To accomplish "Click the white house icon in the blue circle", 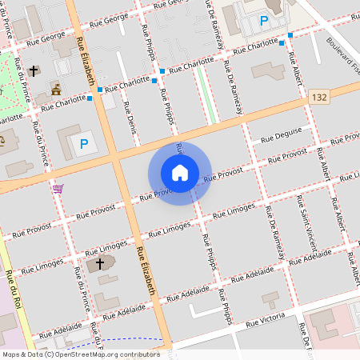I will (179, 173).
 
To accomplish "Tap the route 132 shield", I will (319, 97).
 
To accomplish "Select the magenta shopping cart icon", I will (58, 189).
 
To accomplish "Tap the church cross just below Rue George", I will (33, 71).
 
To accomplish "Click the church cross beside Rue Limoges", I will (101, 264).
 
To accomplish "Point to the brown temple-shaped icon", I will (55, 87).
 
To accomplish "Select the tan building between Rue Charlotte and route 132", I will (267, 70).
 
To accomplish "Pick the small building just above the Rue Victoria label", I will (270, 300).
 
